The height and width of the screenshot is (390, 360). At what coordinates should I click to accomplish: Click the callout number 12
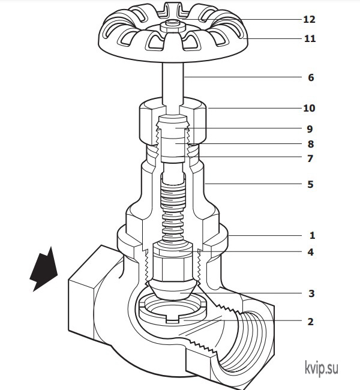(309, 19)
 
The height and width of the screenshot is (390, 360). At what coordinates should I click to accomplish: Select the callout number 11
(310, 38)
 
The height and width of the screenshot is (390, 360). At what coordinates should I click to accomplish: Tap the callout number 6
(311, 77)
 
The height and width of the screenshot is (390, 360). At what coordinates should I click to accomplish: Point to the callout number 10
(309, 108)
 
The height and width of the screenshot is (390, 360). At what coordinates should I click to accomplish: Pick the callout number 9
(310, 129)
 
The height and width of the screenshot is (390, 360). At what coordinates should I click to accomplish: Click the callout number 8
(311, 144)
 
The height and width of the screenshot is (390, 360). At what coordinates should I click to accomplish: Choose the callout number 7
(310, 158)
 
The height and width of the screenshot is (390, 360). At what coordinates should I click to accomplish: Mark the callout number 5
(310, 184)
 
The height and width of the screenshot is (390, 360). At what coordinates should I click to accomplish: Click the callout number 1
(312, 236)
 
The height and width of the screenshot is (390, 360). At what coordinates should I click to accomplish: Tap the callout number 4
(310, 252)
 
